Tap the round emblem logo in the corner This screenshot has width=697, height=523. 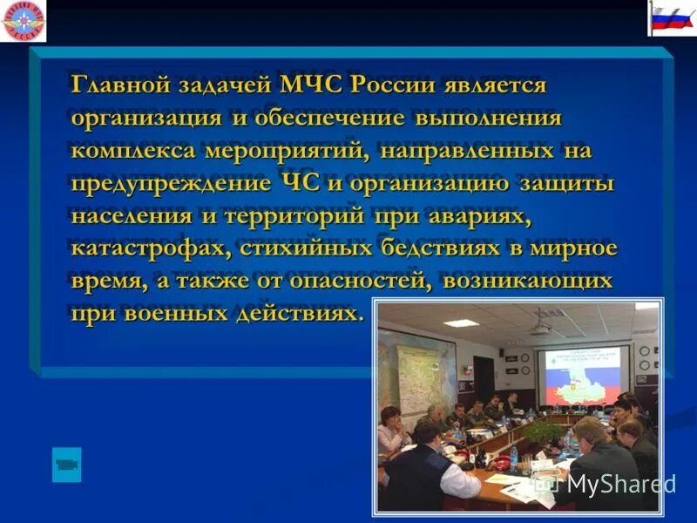click(x=24, y=21)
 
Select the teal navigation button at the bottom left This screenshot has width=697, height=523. click(x=66, y=465)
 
